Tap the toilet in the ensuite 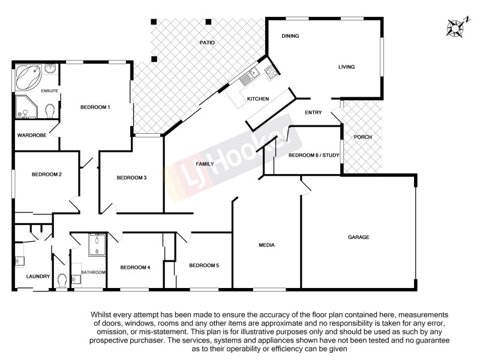tap(50, 110)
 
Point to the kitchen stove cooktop tap(271, 73)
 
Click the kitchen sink tap(248, 77)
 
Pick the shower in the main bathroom tap(97, 244)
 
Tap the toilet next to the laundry tap(62, 280)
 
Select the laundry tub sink tap(19, 261)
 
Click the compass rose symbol tap(458, 27)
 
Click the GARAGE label tap(358, 237)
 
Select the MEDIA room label tap(266, 245)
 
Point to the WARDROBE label tap(32, 136)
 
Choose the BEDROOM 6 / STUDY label tap(314, 155)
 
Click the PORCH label tap(362, 137)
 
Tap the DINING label tap(290, 37)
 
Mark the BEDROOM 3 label tap(131, 178)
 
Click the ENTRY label tap(313, 113)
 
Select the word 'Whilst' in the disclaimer tap(103, 314)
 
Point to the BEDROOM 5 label tap(204, 265)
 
